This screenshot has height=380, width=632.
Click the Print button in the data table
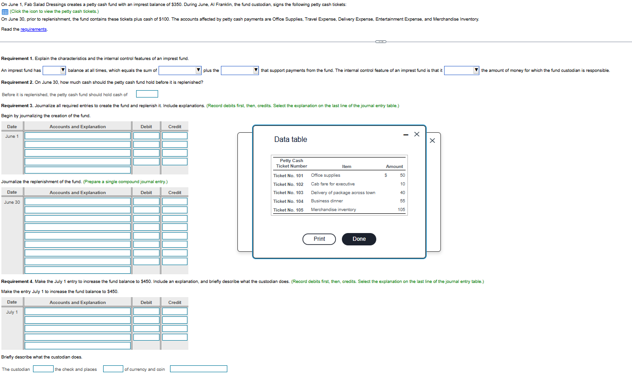[319, 239]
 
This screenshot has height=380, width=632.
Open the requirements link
[33, 29]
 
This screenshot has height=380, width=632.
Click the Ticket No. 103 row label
[288, 193]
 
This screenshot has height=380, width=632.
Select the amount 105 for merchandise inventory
[401, 210]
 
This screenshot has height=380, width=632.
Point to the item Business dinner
[327, 201]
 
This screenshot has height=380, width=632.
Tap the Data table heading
[291, 139]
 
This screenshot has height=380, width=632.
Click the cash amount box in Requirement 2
[147, 94]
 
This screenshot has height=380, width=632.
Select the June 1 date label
[12, 136]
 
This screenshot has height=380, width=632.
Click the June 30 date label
[12, 202]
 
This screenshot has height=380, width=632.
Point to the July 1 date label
[12, 312]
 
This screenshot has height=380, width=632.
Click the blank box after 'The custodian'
[43, 369]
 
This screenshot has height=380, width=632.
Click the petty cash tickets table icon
[5, 11]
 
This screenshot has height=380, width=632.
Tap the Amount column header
[394, 167]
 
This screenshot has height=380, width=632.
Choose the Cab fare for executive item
[333, 184]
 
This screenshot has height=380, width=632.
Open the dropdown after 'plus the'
[240, 71]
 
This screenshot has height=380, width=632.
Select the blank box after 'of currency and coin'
[198, 369]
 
